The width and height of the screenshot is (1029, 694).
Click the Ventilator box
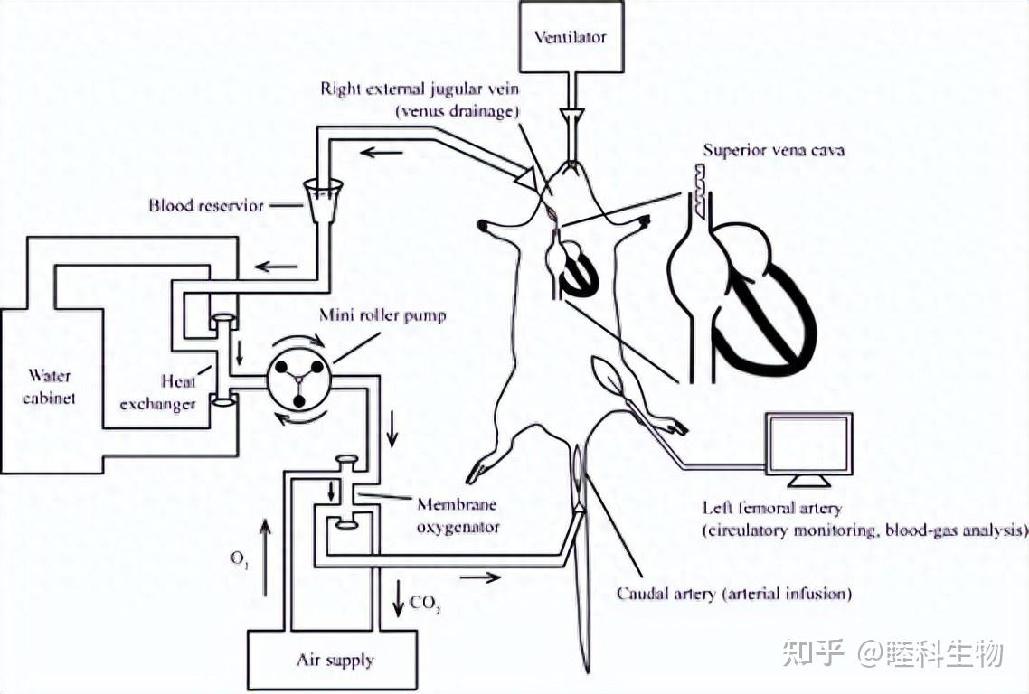[570, 36]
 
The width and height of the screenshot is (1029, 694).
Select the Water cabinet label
[49, 387]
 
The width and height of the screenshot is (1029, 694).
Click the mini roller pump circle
[298, 380]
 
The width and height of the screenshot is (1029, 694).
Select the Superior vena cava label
[774, 150]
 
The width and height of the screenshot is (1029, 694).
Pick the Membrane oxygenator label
[458, 516]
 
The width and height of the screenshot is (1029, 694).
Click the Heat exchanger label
[158, 392]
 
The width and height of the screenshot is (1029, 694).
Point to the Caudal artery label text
[733, 595]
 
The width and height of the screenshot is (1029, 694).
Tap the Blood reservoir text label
[206, 205]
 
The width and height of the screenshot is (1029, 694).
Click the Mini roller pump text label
[382, 315]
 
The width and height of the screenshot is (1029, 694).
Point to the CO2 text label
[425, 604]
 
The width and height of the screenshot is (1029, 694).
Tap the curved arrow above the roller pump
[299, 338]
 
